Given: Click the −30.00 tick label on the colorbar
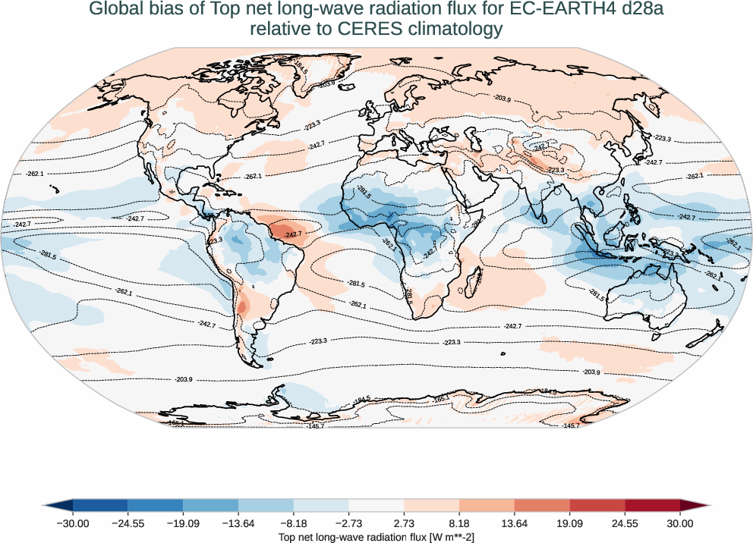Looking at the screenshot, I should (x=73, y=523).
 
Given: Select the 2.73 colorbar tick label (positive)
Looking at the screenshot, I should (x=404, y=523).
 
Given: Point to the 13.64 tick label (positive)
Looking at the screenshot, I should (x=514, y=523).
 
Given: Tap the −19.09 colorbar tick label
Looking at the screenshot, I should (x=183, y=523).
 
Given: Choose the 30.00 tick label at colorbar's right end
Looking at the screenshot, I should (x=679, y=523).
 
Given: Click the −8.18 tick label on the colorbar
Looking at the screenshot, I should (x=293, y=523).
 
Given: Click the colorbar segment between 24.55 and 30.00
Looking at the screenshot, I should (x=652, y=505).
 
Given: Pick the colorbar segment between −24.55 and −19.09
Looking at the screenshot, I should (x=156, y=505).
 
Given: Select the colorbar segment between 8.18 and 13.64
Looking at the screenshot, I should (x=487, y=505).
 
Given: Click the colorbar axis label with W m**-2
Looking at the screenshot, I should (x=376, y=537).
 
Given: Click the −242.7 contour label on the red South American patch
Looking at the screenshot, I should (x=293, y=234).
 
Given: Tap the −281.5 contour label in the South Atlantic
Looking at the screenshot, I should (x=356, y=284).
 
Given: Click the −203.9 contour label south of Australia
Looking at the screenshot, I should (x=591, y=372).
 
